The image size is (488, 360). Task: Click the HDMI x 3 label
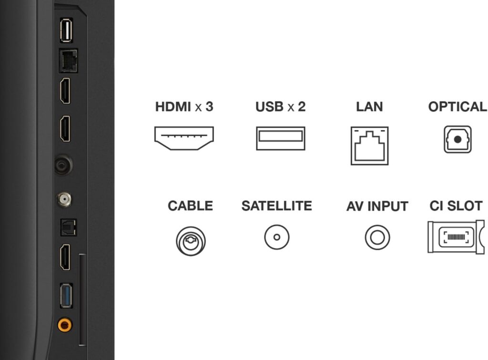(184, 107)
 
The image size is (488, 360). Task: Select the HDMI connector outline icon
(184, 138)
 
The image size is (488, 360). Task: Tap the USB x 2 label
(280, 107)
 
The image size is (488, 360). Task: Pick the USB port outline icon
(280, 138)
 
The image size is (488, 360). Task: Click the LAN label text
(369, 107)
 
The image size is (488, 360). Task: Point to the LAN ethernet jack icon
(369, 145)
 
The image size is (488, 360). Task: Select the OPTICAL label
(457, 107)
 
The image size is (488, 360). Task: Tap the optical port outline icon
(457, 139)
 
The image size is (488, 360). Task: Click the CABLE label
(191, 206)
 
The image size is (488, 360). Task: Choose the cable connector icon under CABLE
(191, 241)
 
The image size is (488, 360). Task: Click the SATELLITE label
(277, 206)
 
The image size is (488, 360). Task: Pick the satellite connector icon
(277, 237)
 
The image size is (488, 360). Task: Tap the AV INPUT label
(377, 206)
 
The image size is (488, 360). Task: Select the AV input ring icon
(377, 237)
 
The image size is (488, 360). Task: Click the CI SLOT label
(456, 206)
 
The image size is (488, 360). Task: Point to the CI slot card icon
(456, 237)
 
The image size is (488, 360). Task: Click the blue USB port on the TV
(66, 296)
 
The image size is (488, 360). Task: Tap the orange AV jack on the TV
(65, 326)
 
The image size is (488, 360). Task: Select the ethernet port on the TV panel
(68, 61)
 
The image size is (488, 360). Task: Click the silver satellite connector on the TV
(64, 199)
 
